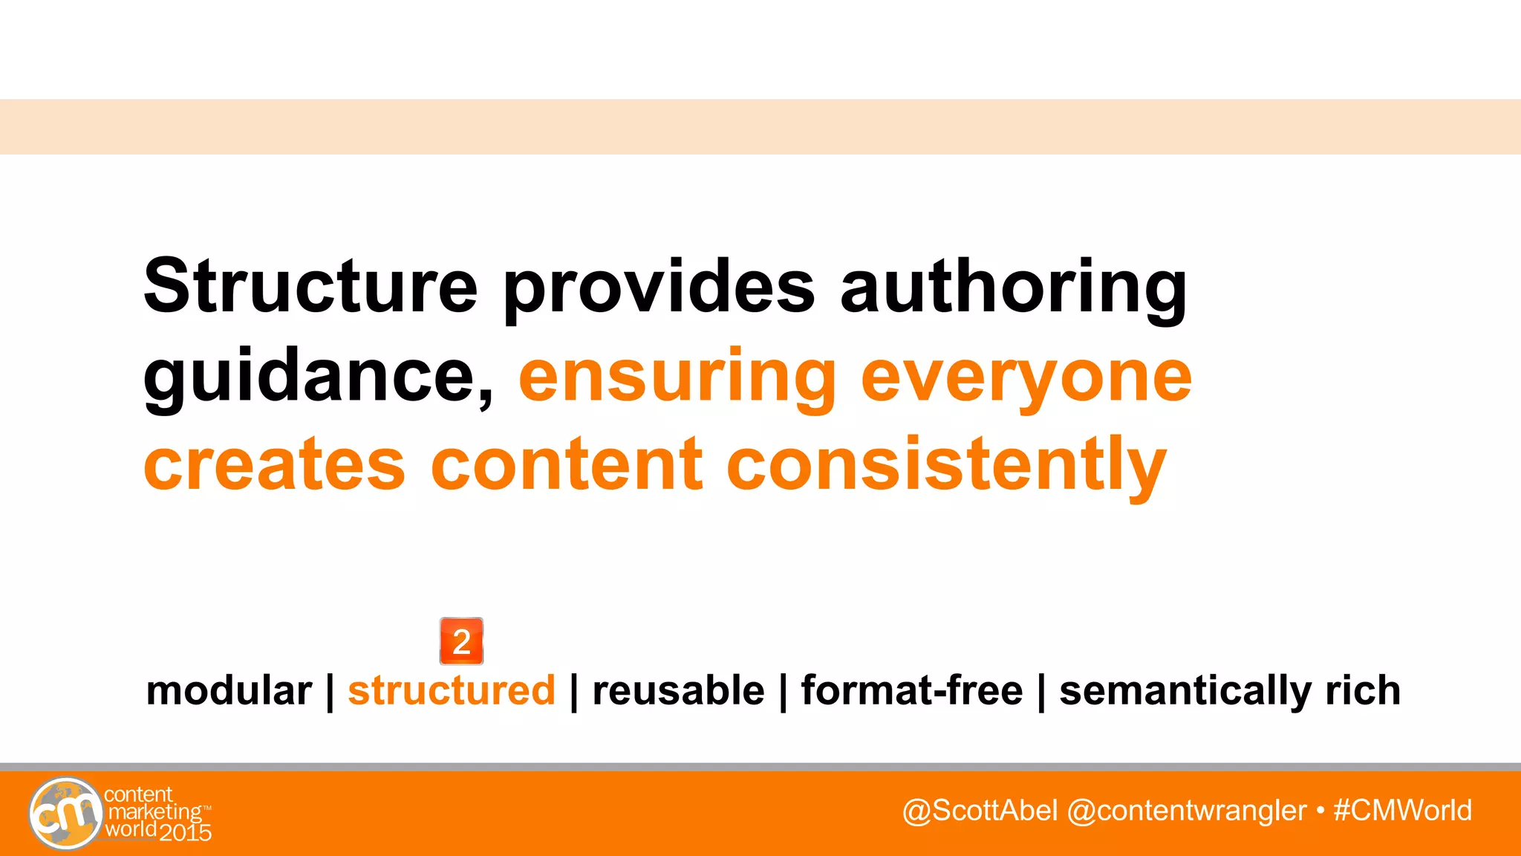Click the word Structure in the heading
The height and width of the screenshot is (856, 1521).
tap(310, 287)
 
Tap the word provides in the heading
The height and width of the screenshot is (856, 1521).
tap(659, 290)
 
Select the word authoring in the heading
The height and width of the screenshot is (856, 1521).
tap(1013, 290)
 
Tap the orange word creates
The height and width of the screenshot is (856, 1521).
tap(275, 465)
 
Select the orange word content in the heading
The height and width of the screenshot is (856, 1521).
tap(566, 465)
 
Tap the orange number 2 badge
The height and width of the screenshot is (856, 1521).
tap(461, 641)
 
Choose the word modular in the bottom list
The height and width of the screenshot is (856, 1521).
tap(229, 690)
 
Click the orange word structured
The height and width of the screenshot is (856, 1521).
tap(452, 690)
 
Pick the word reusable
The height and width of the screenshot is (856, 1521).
tap(678, 690)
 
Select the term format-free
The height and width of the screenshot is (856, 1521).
tap(912, 690)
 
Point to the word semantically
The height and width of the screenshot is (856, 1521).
tap(1185, 692)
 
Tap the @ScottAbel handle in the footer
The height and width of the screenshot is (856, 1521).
tap(980, 810)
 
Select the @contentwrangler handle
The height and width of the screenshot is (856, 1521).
tap(1186, 810)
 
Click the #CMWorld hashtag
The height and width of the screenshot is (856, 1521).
tap(1402, 810)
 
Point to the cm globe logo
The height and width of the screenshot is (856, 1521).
tap(65, 813)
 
